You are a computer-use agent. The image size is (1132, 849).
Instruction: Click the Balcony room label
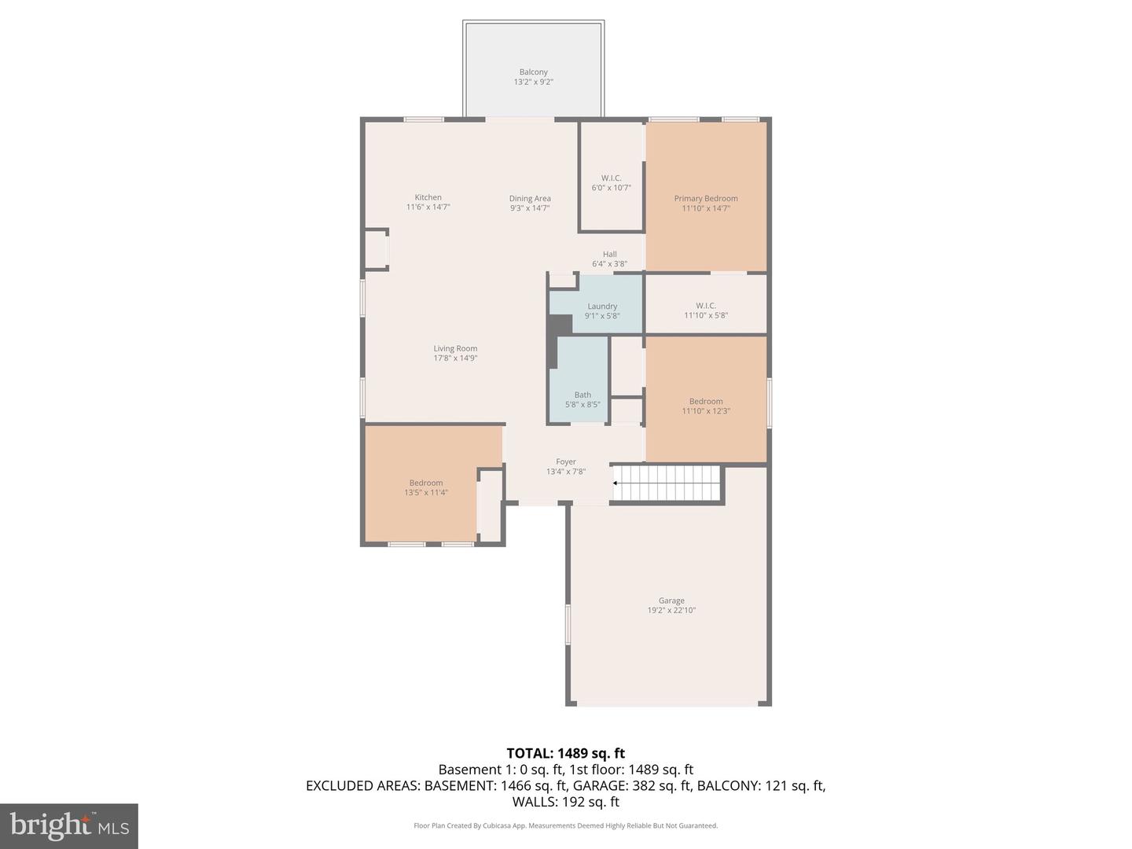coord(533,72)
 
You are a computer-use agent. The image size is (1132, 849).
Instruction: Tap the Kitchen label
coord(428,197)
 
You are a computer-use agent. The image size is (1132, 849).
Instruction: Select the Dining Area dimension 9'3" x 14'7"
coord(529,208)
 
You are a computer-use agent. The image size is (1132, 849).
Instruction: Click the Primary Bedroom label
coord(706,199)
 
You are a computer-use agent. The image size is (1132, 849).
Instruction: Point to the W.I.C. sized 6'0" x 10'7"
coord(611,183)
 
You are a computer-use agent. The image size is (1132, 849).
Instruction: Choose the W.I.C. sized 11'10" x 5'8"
coord(706,311)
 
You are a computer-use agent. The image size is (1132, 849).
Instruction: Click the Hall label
coord(609,255)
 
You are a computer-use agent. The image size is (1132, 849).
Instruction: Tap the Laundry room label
coord(602,307)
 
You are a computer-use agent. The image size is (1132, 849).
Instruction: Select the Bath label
coord(583,395)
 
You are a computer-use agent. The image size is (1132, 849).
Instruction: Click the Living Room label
coord(455,348)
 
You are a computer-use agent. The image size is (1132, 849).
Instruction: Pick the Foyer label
coord(566,462)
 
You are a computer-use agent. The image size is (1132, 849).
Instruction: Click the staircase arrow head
coord(616,483)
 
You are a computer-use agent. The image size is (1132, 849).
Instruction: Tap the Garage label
coord(671,601)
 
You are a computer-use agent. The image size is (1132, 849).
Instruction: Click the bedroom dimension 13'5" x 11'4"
coord(426,493)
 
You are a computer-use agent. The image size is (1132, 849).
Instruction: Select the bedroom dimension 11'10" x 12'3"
coord(706,411)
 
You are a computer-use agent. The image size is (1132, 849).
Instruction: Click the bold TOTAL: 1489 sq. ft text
coord(565,753)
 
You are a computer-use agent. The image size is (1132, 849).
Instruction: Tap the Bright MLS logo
coord(69,825)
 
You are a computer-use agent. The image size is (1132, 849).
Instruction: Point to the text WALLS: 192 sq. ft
coord(565,802)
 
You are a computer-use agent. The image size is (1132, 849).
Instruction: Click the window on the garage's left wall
coord(568,625)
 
